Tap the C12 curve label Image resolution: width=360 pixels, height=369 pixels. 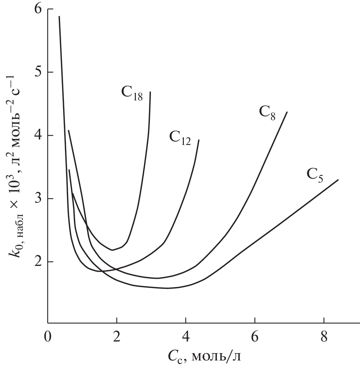coord(180,138)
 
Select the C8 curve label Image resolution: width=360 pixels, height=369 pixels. coord(267,113)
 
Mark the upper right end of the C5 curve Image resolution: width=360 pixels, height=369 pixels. coord(338,179)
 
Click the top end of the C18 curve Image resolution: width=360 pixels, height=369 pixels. coord(150,92)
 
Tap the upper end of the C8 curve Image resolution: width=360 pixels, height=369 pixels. coord(287,112)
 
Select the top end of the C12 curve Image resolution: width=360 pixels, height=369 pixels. coord(199,140)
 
